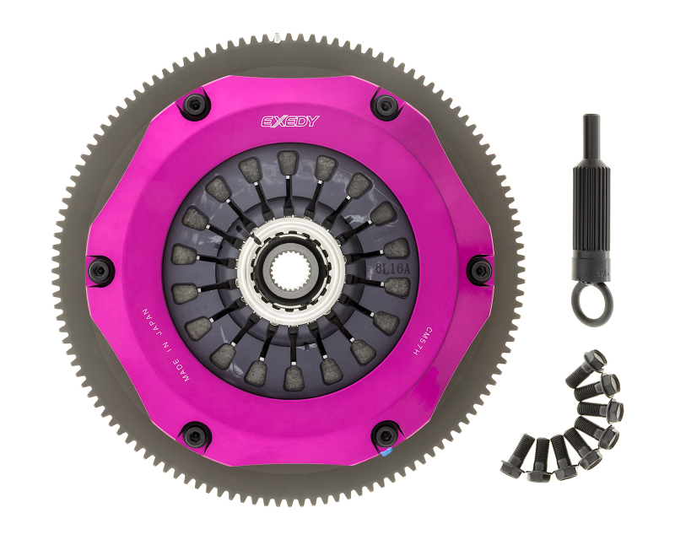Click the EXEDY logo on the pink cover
[289, 121]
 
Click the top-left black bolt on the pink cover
[195, 105]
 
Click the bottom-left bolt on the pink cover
[195, 435]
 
